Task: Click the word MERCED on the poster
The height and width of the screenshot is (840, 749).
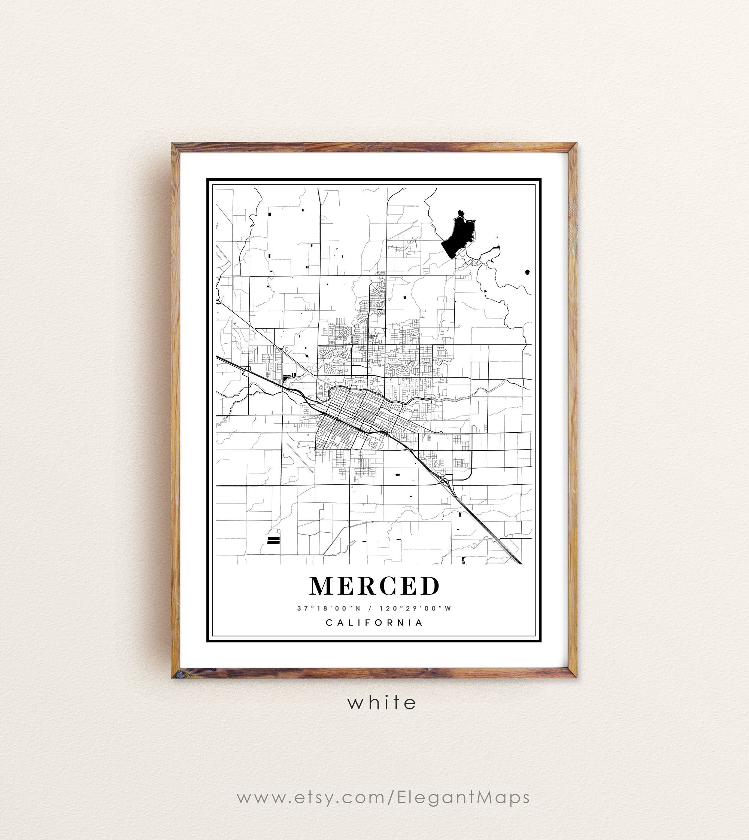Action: click(x=374, y=586)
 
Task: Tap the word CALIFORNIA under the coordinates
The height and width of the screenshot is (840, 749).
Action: click(x=374, y=623)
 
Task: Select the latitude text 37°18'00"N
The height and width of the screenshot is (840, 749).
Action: click(x=329, y=608)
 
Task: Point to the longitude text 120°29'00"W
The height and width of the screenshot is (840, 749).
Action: click(x=416, y=608)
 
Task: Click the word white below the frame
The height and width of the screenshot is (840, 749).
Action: click(x=382, y=702)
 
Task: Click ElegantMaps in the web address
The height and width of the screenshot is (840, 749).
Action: click(x=463, y=797)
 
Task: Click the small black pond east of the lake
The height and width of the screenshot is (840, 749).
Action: click(x=527, y=272)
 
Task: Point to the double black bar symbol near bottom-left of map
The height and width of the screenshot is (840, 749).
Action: click(x=273, y=540)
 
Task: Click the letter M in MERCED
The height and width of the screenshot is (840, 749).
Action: click(x=321, y=586)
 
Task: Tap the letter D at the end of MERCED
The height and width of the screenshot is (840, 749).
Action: click(x=430, y=586)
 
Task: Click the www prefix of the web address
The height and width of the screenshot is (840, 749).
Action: click(x=255, y=797)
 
